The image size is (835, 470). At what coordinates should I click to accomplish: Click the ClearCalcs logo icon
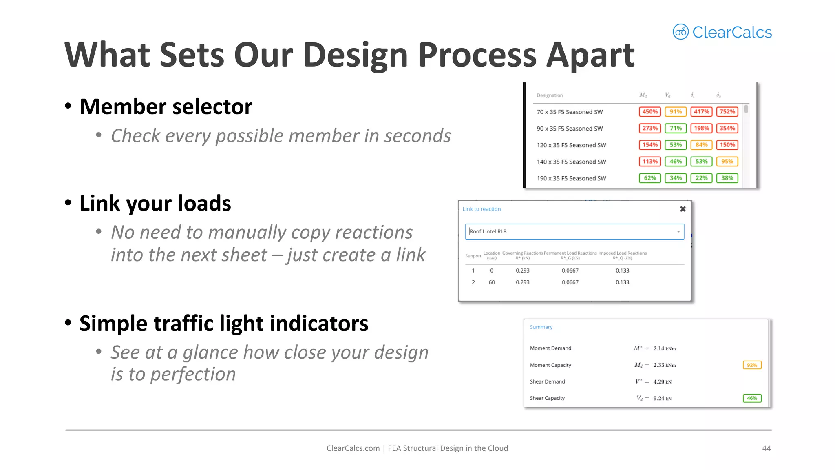coord(680,32)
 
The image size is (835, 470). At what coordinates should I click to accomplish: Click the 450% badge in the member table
coord(649,112)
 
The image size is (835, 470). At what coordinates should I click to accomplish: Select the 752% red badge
coord(727,112)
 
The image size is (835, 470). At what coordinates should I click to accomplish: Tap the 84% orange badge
coord(701,145)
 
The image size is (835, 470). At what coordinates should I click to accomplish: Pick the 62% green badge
coord(649,178)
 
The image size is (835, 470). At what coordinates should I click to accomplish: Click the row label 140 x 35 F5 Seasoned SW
coord(571,162)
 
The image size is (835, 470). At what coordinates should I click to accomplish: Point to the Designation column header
coord(549,95)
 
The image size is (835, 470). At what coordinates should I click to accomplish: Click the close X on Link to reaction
coord(683,209)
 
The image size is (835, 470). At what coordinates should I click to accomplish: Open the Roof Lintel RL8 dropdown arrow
coord(678,232)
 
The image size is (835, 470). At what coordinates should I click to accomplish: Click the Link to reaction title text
coord(482,209)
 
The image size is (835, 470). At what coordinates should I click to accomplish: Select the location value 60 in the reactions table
coord(492,282)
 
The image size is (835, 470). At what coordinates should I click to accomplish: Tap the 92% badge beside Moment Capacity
coord(752,365)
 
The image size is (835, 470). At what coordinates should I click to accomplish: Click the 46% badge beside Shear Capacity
coord(752,398)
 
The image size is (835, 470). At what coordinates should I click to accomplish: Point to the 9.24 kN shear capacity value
coord(662,399)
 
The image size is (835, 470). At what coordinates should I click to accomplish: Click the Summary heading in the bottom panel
coord(541,327)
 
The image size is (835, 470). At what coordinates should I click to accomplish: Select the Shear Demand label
coord(547,382)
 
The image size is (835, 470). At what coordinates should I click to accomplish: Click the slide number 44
coord(766,448)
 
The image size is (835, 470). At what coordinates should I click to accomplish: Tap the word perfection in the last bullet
coord(193,375)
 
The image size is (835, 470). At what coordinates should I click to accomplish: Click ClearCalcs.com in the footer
coord(353,448)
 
